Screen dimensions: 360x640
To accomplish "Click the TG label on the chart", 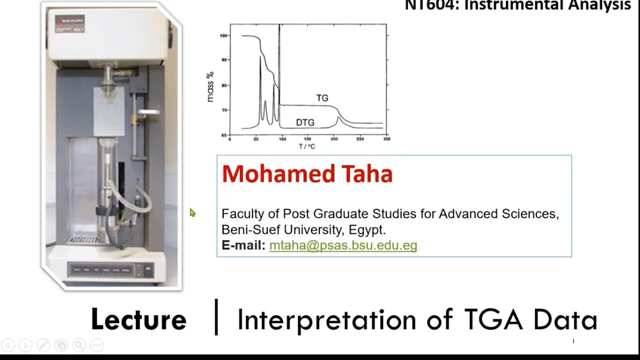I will pos(322,98).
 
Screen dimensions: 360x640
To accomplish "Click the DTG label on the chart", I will pos(305,122).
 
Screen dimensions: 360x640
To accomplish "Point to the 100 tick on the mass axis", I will pos(223,36).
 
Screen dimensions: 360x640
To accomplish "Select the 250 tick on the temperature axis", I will pos(360,139).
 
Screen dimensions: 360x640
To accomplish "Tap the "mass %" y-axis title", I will pos(210,86).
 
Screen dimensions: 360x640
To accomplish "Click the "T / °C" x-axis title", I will pos(307,146).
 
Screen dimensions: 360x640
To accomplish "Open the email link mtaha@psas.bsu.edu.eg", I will pos(343,245).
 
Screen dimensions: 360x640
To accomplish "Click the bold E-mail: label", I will pos(243,245).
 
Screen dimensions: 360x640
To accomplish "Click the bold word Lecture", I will pos(138,319).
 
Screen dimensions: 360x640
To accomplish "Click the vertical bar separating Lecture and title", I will pos(216,317).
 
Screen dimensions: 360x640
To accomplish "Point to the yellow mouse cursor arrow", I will pos(192,212).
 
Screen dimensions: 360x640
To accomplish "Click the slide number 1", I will pos(573,341).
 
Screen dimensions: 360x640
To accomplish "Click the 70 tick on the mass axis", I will pos(224,110).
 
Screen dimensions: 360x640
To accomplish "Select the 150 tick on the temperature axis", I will pos(308,139).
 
